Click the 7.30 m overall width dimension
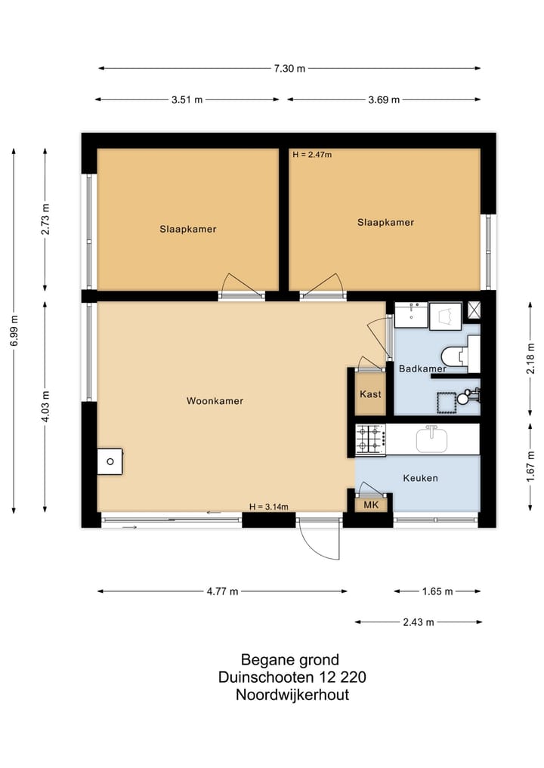pos(289,69)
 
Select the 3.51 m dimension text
pos(187,100)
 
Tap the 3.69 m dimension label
pos(384,100)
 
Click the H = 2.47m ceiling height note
pos(312,155)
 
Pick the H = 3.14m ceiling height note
pos(269,507)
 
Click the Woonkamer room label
pos(215,401)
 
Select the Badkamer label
pos(422,369)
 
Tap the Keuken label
pos(420,478)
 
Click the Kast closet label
pos(370,394)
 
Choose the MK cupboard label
pos(371,505)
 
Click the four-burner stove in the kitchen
pos(371,439)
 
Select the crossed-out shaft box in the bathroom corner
pos(474,308)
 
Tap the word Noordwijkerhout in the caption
pos(292,696)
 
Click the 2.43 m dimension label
pos(419,622)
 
